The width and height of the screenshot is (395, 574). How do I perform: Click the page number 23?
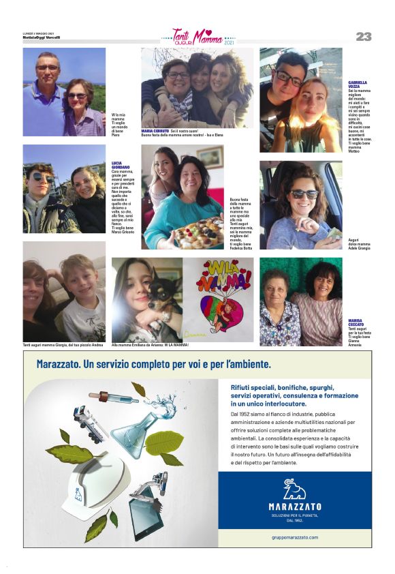(x=363, y=37)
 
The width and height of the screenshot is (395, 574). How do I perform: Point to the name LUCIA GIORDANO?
(x=121, y=165)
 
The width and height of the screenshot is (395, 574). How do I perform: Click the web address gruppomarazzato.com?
(x=294, y=537)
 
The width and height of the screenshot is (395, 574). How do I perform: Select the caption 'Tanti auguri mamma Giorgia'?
(x=63, y=346)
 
